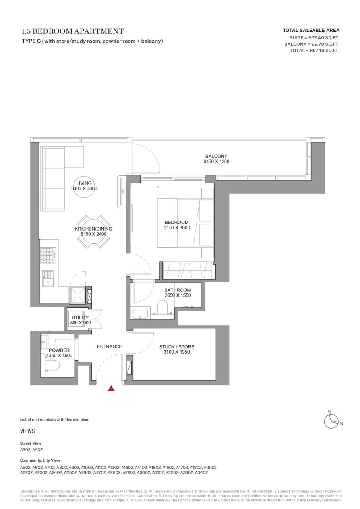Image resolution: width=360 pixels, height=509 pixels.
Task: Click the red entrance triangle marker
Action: click(111, 389)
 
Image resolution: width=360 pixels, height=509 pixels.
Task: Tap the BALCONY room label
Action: click(216, 156)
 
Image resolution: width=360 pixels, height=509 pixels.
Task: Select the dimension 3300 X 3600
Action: click(84, 188)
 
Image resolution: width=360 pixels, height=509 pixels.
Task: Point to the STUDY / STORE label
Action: click(176, 347)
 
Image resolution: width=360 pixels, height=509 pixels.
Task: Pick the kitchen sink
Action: click(48, 279)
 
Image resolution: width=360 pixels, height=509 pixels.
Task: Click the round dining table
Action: click(93, 231)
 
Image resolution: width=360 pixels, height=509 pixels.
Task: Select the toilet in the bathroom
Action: click(162, 307)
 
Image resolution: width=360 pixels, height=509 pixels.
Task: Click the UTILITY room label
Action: click(80, 317)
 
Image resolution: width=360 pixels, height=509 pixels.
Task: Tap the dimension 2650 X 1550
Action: click(178, 295)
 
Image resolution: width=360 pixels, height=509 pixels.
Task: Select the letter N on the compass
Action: click(341, 424)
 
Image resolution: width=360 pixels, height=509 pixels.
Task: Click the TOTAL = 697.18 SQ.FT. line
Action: click(314, 51)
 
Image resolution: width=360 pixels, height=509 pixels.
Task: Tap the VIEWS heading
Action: click(27, 431)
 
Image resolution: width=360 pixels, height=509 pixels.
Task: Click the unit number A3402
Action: click(201, 473)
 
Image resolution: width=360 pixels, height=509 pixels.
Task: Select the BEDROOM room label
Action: click(176, 222)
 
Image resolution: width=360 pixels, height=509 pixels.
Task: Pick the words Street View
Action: click(31, 443)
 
